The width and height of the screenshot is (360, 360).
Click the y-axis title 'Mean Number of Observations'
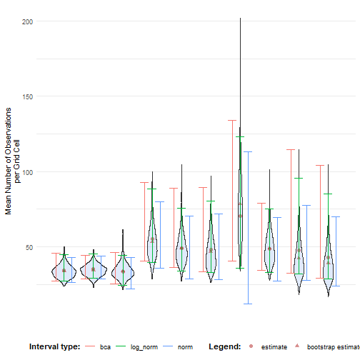coord(9,161)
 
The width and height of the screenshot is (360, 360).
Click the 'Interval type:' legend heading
coord(54,346)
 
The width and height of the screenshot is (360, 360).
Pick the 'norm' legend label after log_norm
coord(185,346)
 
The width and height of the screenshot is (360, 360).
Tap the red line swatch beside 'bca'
coord(91,346)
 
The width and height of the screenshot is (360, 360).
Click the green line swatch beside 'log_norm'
coord(124,346)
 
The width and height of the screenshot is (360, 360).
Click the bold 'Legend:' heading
coord(224,346)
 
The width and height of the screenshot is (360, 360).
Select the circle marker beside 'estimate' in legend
coord(251,346)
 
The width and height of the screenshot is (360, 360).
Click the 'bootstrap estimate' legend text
coord(332,346)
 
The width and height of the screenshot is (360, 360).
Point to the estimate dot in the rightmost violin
coord(328,258)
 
